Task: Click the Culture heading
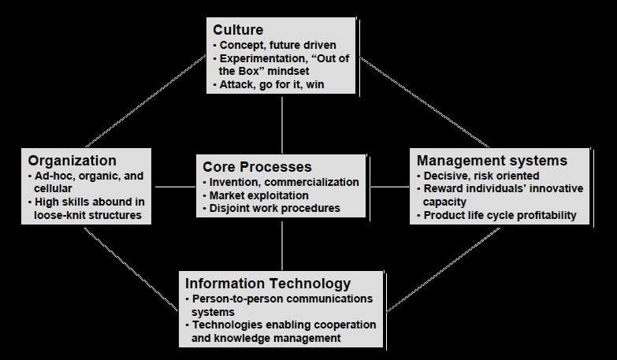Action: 238,31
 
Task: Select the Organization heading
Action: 72,161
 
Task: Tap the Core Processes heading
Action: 257,167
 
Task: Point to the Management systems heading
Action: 492,161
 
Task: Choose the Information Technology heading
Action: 267,284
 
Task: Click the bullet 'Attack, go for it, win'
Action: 272,84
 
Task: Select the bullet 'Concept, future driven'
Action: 277,45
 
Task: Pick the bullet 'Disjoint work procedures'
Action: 274,208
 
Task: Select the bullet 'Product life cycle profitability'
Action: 500,215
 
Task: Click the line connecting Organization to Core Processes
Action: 175,187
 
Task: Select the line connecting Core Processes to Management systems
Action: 388,187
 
